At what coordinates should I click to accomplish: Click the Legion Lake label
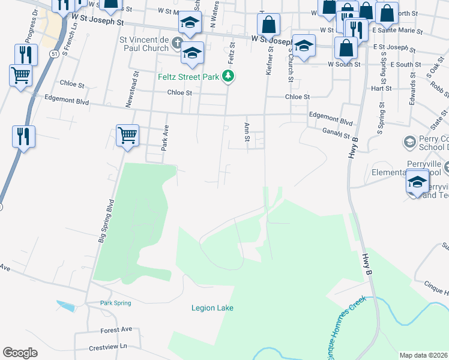pyautogui.click(x=212, y=308)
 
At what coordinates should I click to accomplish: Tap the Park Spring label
pyautogui.click(x=115, y=303)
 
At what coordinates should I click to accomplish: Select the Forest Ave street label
pyautogui.click(x=116, y=330)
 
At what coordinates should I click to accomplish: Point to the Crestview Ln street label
pyautogui.click(x=108, y=347)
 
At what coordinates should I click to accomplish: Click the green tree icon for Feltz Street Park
pyautogui.click(x=228, y=76)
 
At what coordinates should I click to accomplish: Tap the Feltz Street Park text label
pyautogui.click(x=188, y=77)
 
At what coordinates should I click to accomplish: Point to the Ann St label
pyautogui.click(x=246, y=133)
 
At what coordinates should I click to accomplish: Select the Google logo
pyautogui.click(x=20, y=353)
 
